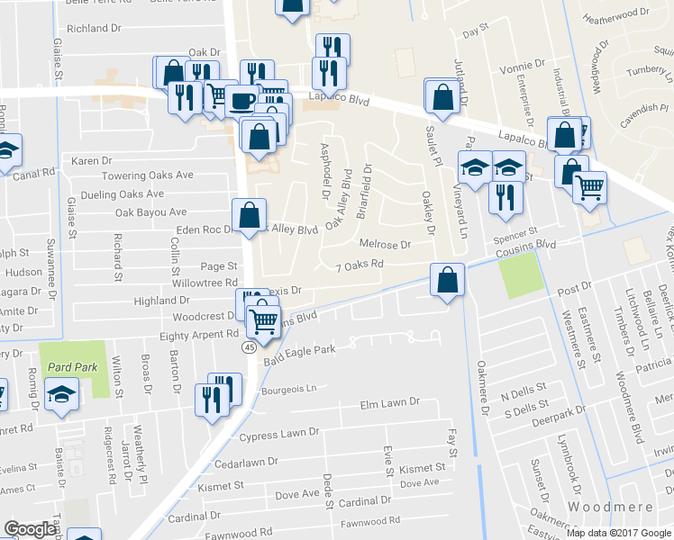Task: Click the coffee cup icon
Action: pos(241,101)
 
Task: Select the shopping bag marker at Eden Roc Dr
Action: pos(249,216)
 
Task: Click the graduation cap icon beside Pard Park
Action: pos(61,394)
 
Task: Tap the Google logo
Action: pos(31,529)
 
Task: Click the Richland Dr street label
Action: pos(94,29)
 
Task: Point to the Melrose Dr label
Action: pos(385,244)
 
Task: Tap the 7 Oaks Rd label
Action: pos(360,265)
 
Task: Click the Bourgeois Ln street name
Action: pos(290,390)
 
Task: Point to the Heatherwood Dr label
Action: pos(616,16)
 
